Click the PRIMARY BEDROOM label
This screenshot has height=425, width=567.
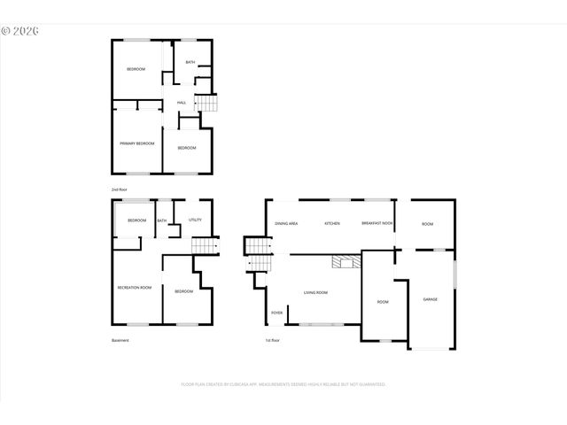(x=137, y=143)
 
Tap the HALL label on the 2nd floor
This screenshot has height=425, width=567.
(x=181, y=104)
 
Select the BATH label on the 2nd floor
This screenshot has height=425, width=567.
(x=190, y=62)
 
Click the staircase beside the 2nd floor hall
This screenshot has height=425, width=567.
(x=206, y=104)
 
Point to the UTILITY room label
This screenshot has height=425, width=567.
(x=195, y=220)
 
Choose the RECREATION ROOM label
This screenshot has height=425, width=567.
(x=135, y=288)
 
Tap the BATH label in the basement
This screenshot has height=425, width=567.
(x=162, y=220)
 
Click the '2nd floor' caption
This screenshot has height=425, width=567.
(x=118, y=190)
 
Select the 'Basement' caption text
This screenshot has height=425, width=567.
(x=120, y=340)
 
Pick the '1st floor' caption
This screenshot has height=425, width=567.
(x=272, y=340)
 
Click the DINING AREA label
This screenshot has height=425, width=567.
(x=286, y=224)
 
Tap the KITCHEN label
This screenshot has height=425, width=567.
(x=332, y=224)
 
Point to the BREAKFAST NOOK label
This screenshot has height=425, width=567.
(x=377, y=224)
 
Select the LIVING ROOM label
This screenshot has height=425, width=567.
(x=316, y=292)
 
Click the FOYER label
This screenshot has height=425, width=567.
(x=276, y=313)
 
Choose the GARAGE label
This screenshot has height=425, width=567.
(x=430, y=299)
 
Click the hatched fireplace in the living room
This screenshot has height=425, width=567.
(x=343, y=261)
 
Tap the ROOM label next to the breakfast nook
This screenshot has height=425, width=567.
(x=427, y=224)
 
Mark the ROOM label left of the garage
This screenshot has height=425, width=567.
(x=383, y=302)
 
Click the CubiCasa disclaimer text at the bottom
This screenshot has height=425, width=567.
(x=283, y=384)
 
